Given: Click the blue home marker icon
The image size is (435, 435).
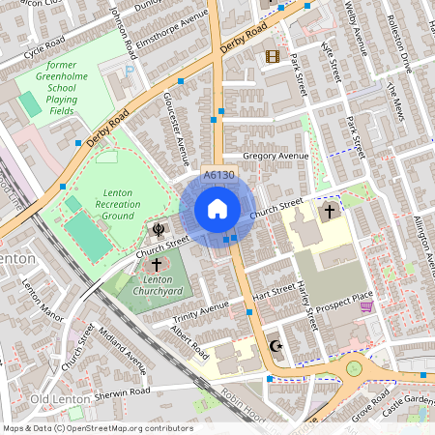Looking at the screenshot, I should click(x=217, y=209).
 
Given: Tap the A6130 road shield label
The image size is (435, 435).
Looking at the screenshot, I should click(x=219, y=175).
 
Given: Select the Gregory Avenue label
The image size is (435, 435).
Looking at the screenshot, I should click(x=275, y=156).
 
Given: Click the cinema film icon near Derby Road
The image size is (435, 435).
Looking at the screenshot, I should click(x=273, y=56).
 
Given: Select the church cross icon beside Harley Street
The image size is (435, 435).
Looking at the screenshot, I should click(x=329, y=210).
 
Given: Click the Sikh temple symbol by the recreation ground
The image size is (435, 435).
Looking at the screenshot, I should click(x=158, y=228).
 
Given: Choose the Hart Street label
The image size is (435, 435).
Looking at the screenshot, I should click(x=273, y=289).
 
